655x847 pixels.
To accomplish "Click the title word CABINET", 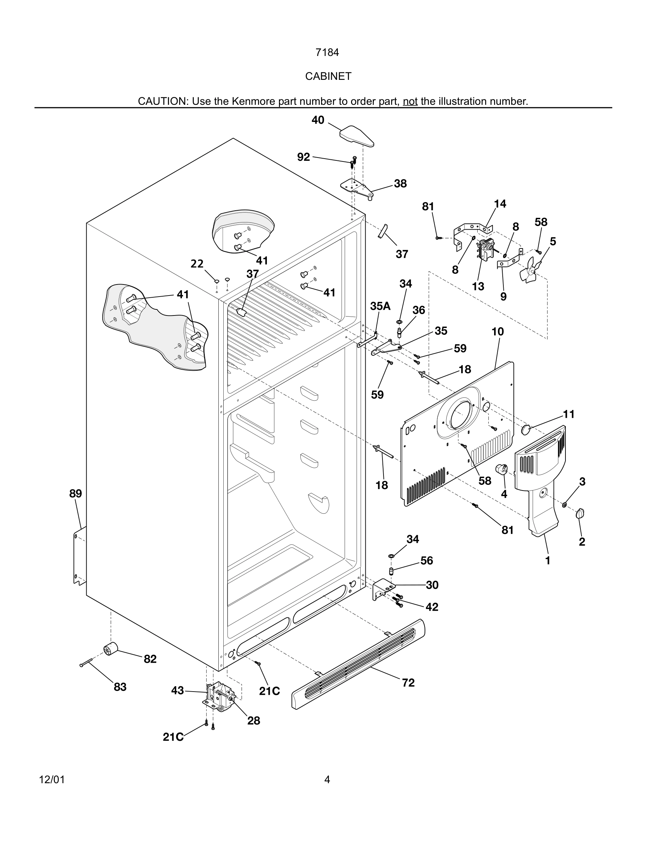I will tap(328, 76).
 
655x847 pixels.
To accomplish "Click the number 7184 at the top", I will tap(327, 52).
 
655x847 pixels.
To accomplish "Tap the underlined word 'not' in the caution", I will tap(410, 102).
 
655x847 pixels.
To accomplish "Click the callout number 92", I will tap(304, 157).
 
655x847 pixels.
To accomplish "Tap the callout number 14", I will tap(500, 204).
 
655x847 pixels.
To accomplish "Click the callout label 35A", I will tap(380, 306).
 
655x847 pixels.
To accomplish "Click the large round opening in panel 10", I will tap(460, 414).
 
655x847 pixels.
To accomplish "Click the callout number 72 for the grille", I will tap(408, 661).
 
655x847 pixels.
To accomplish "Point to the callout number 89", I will tap(76, 494).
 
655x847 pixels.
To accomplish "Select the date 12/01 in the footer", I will tap(52, 780).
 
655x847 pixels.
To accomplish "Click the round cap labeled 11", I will tap(526, 428).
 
